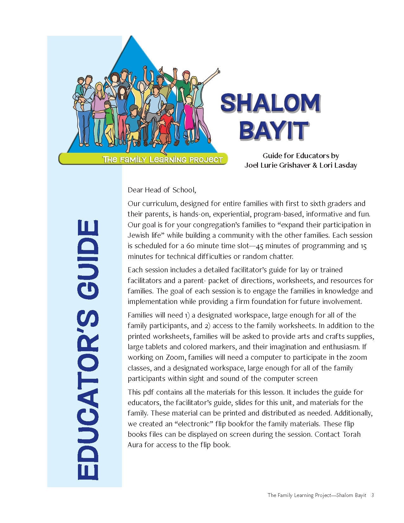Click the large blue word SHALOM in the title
270,103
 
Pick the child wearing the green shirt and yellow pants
109,124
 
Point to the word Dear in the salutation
135,190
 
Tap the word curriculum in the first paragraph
159,204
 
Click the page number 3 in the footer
373,495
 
